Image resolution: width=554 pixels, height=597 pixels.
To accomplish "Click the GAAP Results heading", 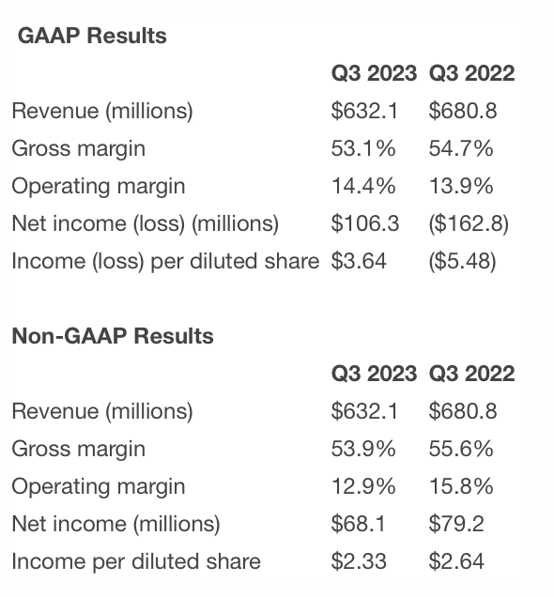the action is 92,36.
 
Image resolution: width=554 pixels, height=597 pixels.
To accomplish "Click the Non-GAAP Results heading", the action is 113,336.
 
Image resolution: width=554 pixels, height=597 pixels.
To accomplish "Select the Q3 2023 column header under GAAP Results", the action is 374,72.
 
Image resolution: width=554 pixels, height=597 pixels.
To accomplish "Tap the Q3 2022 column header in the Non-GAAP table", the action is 471,374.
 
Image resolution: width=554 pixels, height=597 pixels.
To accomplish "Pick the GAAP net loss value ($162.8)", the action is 469,223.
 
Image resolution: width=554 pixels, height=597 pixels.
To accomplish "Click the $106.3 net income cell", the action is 365,223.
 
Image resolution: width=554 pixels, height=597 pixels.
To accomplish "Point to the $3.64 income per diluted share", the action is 359,261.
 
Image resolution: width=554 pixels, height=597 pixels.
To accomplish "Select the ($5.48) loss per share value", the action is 462,261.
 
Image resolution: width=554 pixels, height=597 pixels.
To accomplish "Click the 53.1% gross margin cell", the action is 363,148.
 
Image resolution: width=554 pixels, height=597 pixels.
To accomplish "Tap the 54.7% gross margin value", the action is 461,148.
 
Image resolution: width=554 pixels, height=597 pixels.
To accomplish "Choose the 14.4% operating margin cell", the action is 363,186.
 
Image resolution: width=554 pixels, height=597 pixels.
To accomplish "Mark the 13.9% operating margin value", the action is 461,186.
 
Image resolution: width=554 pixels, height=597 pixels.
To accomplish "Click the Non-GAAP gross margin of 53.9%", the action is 363,449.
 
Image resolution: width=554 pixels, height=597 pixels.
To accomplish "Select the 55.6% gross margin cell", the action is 461,449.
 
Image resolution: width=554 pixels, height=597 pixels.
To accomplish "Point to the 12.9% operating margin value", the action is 363,486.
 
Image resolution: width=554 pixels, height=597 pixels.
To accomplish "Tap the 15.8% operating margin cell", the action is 461,486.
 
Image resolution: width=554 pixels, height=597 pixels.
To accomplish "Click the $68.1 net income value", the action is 359,524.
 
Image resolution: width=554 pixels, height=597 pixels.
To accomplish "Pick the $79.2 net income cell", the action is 456,524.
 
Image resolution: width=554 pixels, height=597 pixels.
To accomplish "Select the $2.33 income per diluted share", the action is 359,561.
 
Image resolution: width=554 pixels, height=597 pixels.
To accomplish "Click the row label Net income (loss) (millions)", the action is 145,223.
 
